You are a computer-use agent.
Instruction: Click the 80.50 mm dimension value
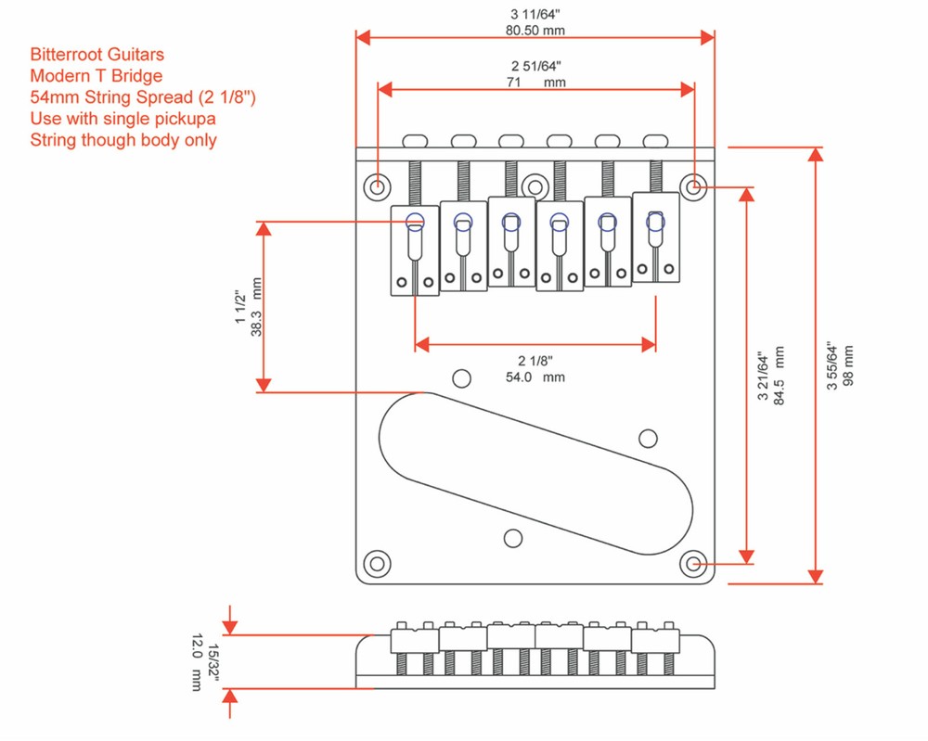click(535, 31)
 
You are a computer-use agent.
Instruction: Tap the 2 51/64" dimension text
click(535, 67)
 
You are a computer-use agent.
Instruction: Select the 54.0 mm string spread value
click(535, 377)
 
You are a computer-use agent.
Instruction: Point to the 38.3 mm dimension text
click(257, 306)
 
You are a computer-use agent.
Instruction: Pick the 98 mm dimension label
click(848, 364)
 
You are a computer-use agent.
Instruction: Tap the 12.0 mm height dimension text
click(196, 662)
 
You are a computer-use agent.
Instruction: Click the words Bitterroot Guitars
click(97, 56)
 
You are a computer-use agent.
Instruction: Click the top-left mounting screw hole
click(377, 186)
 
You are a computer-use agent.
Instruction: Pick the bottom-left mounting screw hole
click(377, 563)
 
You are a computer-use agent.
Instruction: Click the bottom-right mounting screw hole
click(692, 563)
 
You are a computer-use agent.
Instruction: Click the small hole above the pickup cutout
click(460, 377)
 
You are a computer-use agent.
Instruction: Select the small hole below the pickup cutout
click(512, 537)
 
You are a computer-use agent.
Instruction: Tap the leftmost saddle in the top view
click(415, 250)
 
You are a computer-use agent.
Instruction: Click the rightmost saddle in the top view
click(656, 236)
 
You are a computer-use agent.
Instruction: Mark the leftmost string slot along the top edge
click(415, 140)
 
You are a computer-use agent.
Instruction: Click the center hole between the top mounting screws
click(534, 184)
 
